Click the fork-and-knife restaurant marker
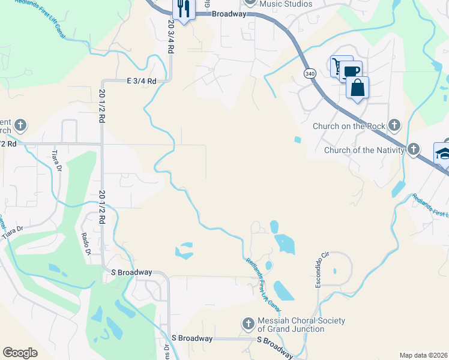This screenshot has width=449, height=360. tap(183, 8)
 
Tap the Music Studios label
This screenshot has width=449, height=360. tap(286, 4)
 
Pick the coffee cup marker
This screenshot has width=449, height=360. tap(352, 71)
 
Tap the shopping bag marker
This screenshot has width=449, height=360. tap(357, 88)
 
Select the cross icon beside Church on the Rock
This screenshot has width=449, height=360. tap(394, 125)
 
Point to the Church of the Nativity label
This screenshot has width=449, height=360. tap(364, 149)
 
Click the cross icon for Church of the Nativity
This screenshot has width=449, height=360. tap(414, 149)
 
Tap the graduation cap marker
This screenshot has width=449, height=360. tap(442, 153)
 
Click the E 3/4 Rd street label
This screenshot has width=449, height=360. tap(141, 81)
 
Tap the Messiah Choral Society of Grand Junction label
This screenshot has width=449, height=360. tap(301, 325)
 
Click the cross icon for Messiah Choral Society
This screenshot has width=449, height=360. tap(249, 325)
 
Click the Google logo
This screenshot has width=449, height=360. tap(20, 353)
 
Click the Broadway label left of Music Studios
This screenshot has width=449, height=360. tap(229, 14)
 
